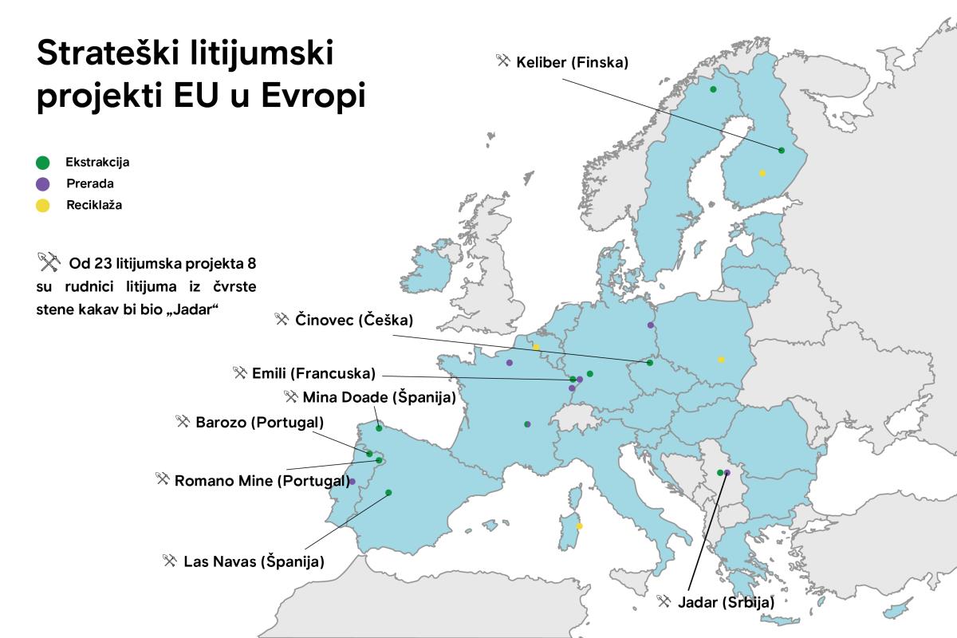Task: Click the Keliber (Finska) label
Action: click(x=572, y=61)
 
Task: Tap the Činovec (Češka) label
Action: click(x=354, y=320)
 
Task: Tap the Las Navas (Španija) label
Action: click(x=254, y=561)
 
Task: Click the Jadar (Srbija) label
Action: click(x=726, y=603)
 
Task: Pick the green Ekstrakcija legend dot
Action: click(x=43, y=163)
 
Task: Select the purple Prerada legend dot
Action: click(x=43, y=183)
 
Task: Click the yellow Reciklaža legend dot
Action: click(x=43, y=205)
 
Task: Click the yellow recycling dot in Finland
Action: click(x=762, y=173)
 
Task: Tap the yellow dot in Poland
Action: click(x=721, y=360)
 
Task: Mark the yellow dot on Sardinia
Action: click(x=580, y=526)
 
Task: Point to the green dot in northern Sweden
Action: click(x=713, y=89)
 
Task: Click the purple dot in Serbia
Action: click(x=727, y=473)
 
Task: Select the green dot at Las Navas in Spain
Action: click(x=388, y=493)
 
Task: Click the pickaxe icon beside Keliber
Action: click(x=502, y=61)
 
